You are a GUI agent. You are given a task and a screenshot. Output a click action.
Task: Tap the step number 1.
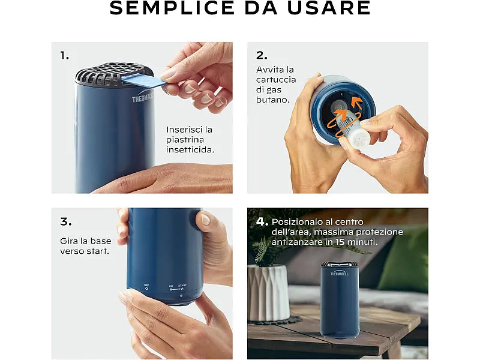(65, 55)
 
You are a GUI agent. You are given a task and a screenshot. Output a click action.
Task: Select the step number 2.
(262, 55)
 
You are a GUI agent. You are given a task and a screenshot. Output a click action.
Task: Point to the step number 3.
(65, 221)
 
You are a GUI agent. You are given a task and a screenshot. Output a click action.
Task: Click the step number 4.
(262, 221)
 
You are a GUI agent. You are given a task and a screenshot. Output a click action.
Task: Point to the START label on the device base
(182, 286)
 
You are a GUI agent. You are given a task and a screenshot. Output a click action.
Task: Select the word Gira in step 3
(70, 241)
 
